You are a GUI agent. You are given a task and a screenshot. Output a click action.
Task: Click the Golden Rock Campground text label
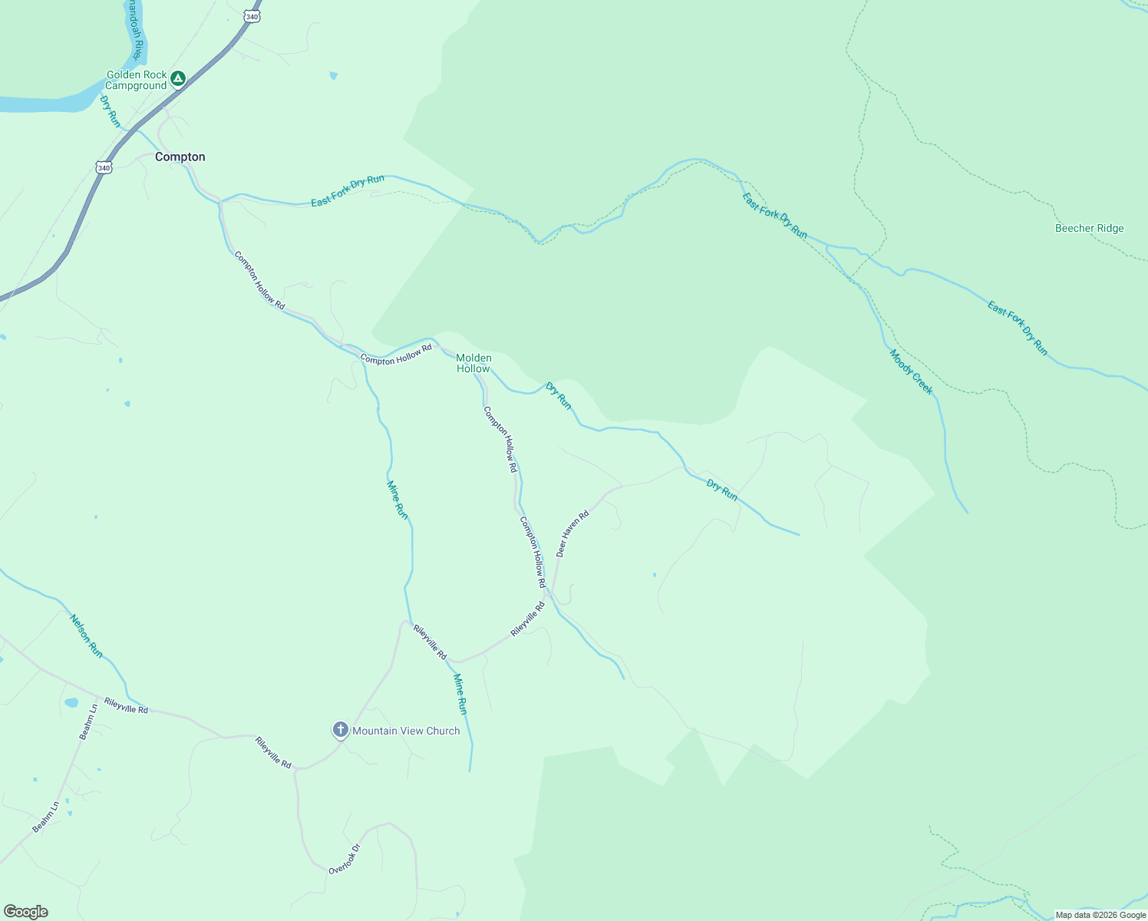(136, 80)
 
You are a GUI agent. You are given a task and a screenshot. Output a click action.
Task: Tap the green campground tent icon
(178, 78)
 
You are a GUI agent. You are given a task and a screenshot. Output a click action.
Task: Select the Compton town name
(180, 157)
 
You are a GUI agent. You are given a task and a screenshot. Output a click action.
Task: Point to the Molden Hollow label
(473, 363)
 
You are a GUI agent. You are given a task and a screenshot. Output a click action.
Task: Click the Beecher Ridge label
(1089, 228)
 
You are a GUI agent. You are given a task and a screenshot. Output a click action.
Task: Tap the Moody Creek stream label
(911, 372)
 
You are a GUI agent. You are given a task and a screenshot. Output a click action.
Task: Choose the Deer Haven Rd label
(572, 533)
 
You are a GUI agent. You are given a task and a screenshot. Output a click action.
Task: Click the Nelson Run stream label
(86, 635)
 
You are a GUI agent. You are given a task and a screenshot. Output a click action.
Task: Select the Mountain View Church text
(406, 731)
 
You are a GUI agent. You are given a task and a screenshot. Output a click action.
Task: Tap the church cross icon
(341, 729)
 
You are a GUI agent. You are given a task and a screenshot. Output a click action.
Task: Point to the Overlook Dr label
(345, 860)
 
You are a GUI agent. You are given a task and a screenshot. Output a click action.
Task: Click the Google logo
(26, 912)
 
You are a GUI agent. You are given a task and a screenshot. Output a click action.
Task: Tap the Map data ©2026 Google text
(1100, 915)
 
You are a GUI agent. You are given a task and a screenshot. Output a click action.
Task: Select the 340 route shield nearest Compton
(104, 167)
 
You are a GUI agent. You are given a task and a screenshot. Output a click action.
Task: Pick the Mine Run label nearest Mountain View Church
(460, 694)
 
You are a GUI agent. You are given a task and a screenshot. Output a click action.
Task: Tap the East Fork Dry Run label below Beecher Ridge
(1018, 328)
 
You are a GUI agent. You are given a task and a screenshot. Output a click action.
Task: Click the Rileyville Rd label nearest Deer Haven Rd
(528, 619)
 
